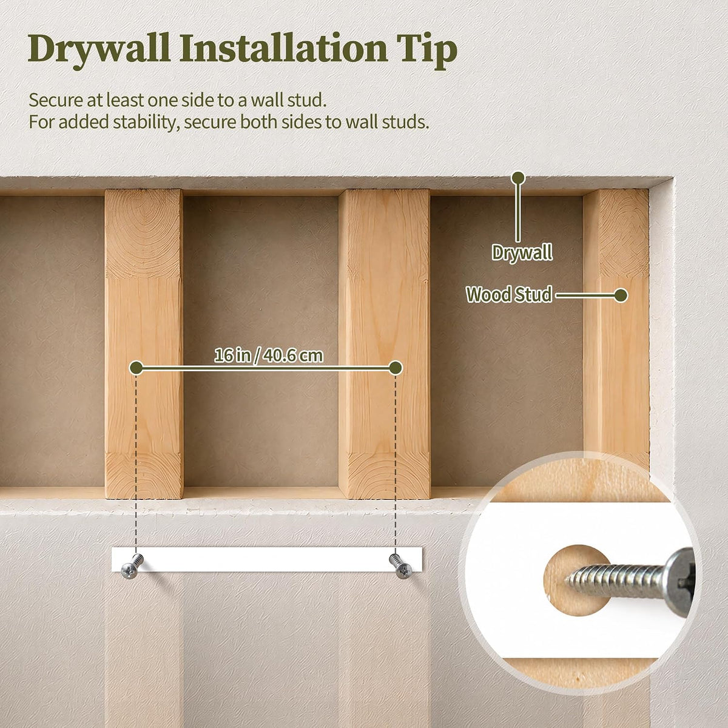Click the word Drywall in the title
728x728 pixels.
point(99,50)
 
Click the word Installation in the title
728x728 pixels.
point(283,49)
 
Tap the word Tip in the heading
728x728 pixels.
point(429,51)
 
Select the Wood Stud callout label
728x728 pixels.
point(509,295)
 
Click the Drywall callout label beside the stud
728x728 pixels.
point(522,252)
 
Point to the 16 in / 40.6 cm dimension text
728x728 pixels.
point(269,356)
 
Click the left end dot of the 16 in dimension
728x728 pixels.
point(136,368)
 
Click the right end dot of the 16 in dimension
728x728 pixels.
point(396,368)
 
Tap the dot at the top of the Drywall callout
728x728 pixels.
point(518,178)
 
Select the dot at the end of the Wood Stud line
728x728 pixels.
point(621,295)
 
